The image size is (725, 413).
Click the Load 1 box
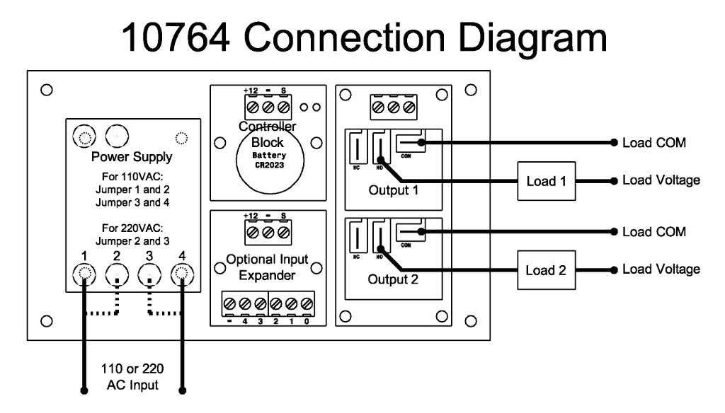tap(547, 182)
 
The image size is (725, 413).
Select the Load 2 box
tap(547, 270)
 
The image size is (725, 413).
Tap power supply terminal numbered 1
tap(84, 272)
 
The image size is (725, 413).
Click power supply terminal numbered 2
tap(118, 272)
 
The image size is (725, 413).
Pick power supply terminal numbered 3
tap(150, 272)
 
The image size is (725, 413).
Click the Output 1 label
tap(393, 191)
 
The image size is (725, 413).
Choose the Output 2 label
tap(393, 279)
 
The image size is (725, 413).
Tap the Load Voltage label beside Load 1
tap(661, 180)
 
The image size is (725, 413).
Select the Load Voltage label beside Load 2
tap(661, 269)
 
